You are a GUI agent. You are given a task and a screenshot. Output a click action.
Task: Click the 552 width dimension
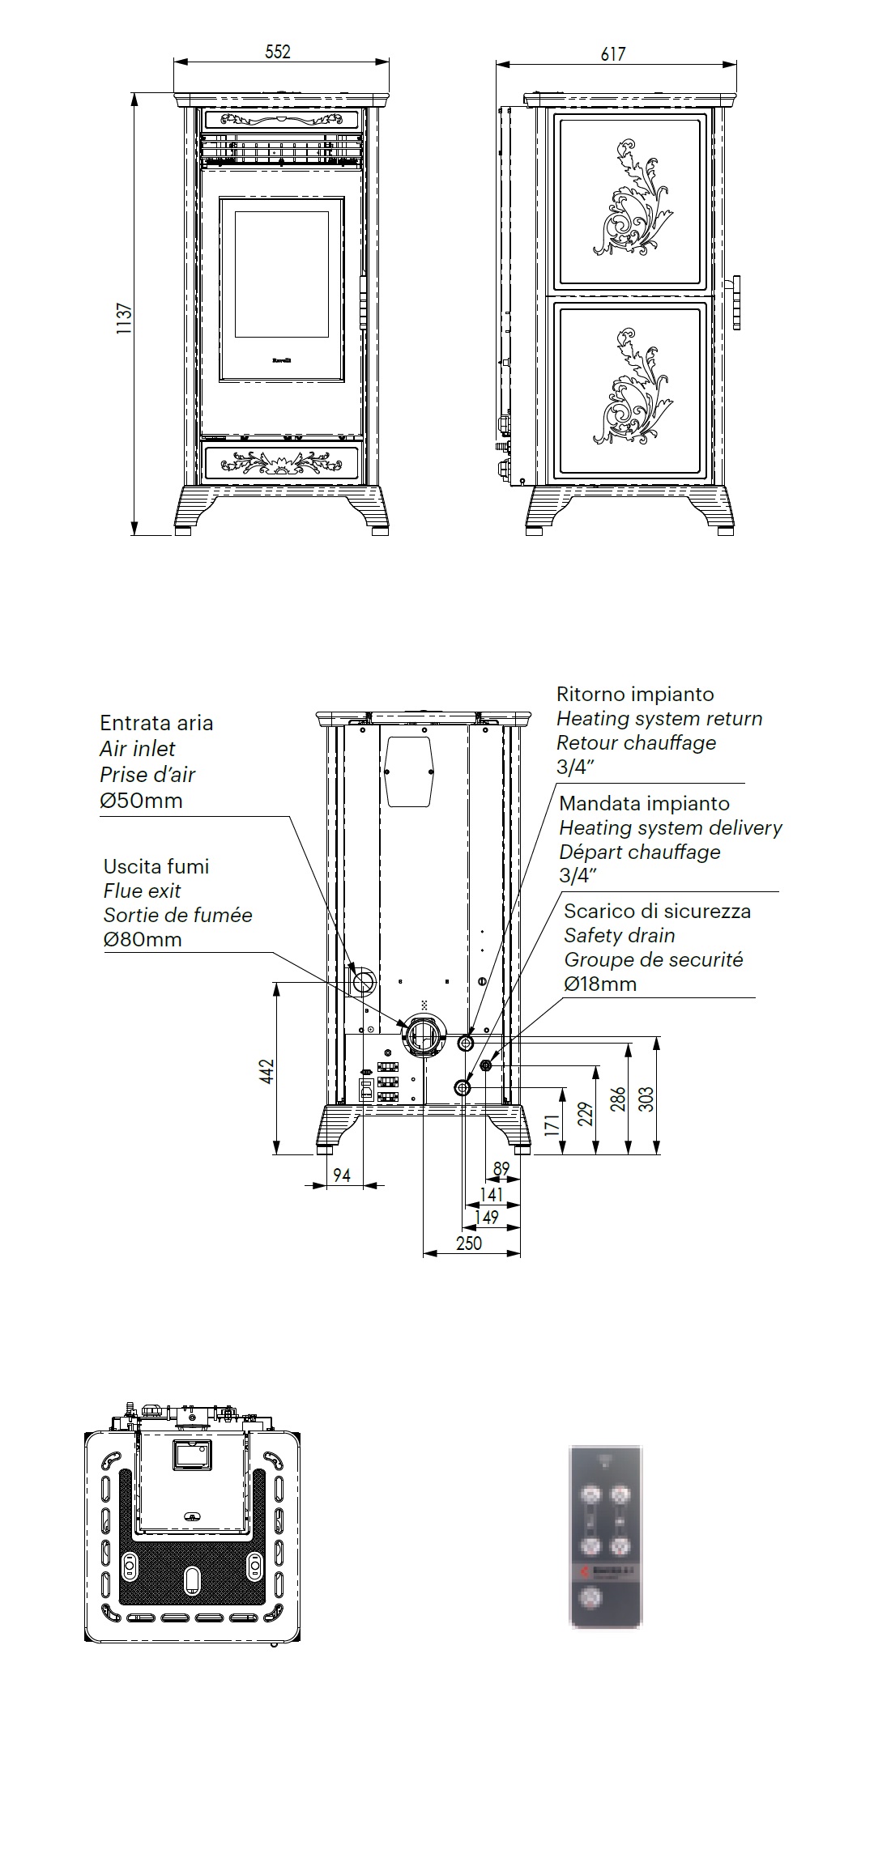278,52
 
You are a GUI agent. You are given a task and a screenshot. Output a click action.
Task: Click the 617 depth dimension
613,53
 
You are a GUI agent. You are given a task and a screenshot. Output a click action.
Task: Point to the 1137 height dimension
124,319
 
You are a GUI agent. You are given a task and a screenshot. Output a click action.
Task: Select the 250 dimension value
469,1243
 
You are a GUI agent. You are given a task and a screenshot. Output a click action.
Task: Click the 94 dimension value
342,1175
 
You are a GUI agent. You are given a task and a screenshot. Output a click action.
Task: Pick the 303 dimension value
646,1098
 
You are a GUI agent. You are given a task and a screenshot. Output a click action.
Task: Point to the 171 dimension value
552,1124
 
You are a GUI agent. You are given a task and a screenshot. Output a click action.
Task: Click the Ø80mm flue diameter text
143,939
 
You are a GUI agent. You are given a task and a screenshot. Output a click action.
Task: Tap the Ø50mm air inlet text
141,801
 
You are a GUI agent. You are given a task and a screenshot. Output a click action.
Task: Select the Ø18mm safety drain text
600,984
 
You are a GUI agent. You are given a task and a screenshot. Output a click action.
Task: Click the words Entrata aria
156,723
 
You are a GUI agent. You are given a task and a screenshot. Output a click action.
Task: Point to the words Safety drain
620,935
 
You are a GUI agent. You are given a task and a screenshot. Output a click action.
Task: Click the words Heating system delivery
671,827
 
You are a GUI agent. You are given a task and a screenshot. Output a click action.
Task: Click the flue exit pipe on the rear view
423,1035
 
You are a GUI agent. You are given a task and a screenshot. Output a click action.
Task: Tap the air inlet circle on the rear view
364,981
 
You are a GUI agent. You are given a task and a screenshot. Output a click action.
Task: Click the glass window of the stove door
281,274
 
